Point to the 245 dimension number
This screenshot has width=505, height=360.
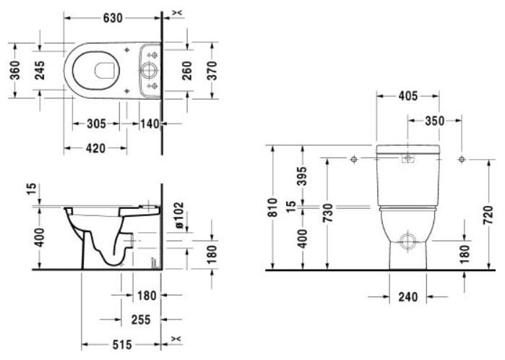click(x=41, y=71)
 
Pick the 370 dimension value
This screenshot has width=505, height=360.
click(x=212, y=70)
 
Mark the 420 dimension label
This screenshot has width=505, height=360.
click(x=96, y=148)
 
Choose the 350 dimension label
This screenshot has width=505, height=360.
click(x=434, y=121)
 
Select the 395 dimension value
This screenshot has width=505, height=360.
click(x=302, y=175)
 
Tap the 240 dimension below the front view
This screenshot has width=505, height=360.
click(x=408, y=296)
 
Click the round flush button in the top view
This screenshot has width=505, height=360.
click(x=150, y=71)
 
